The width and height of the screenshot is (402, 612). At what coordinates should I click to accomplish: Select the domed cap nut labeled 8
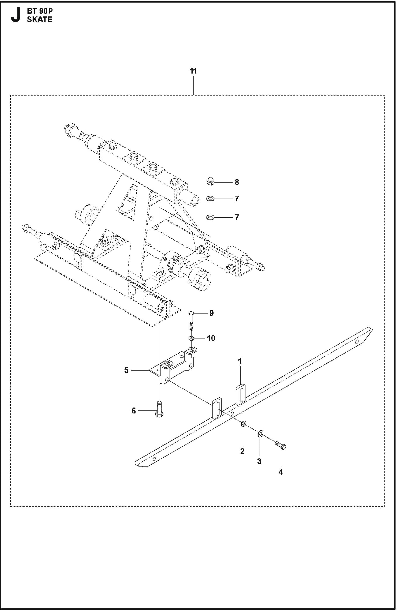(x=210, y=181)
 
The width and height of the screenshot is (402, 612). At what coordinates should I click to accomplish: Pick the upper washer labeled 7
(x=210, y=199)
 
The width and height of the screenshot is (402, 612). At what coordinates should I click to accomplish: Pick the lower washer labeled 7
(x=210, y=218)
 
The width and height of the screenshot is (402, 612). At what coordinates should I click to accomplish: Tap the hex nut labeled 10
(x=191, y=338)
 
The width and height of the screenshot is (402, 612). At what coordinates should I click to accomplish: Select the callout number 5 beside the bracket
(x=126, y=370)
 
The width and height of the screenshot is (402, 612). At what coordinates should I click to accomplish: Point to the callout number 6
(x=133, y=411)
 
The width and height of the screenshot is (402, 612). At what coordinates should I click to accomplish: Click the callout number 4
(x=280, y=472)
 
